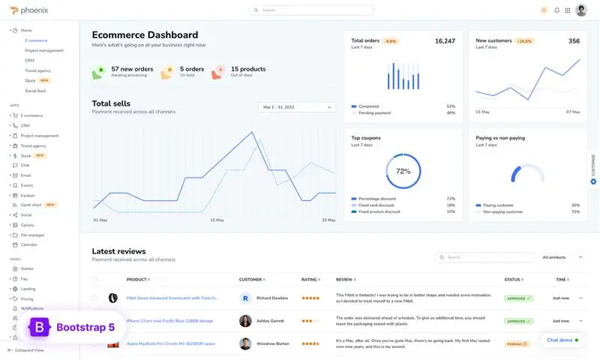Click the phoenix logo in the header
click(x=31, y=10)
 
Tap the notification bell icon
click(x=556, y=10)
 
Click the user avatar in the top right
click(x=581, y=10)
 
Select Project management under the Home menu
click(x=43, y=50)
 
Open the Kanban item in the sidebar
click(x=27, y=195)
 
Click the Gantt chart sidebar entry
click(x=31, y=205)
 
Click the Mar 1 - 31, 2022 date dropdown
click(x=296, y=107)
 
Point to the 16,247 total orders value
click(x=445, y=41)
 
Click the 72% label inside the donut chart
click(x=403, y=171)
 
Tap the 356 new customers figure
click(x=574, y=41)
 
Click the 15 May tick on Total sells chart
click(x=217, y=220)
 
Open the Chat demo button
click(x=562, y=340)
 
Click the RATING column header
click(x=309, y=280)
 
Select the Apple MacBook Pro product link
click(x=171, y=344)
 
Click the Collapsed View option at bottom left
click(x=29, y=350)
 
